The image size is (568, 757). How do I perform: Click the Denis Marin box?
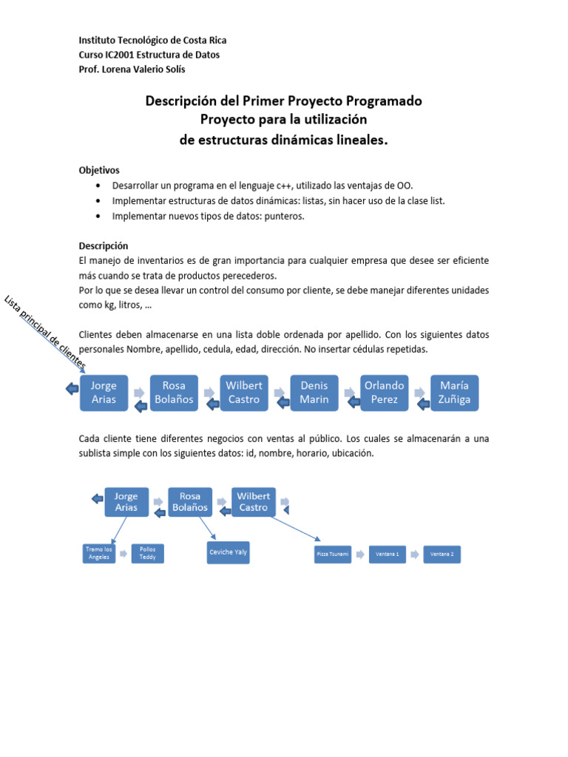tap(314, 393)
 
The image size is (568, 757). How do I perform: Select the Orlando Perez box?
tap(385, 393)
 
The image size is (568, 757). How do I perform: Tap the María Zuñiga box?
tap(454, 393)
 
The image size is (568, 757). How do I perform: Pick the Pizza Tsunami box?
tap(332, 554)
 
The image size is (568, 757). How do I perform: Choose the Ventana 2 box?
tap(442, 554)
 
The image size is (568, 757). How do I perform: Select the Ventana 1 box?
tap(388, 554)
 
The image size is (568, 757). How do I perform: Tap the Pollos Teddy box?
tap(147, 554)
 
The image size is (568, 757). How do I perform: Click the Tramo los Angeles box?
tap(98, 554)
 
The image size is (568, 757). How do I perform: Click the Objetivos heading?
tap(99, 170)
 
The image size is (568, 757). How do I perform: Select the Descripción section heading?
tap(104, 245)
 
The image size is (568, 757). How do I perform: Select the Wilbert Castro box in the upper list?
tap(244, 393)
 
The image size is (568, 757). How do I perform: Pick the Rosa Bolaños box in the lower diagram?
tap(190, 502)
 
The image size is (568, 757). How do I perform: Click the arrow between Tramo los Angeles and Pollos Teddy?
tap(123, 554)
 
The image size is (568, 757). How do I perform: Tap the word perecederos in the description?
tap(243, 275)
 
